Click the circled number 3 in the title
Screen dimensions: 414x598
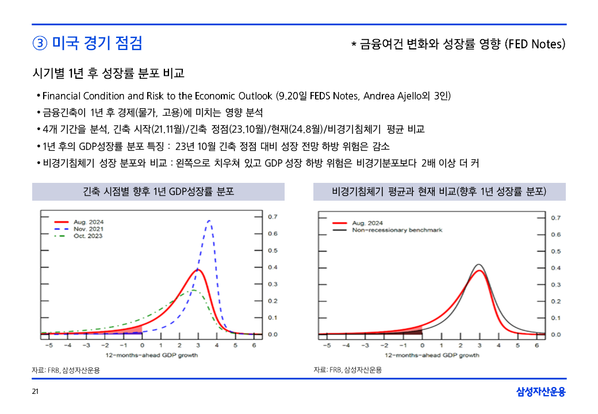(x=40, y=43)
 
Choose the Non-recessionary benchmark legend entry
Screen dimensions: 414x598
(x=397, y=230)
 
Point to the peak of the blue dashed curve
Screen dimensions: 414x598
(x=209, y=220)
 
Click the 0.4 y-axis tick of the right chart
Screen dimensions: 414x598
(x=555, y=268)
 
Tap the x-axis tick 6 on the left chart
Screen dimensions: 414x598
(x=254, y=345)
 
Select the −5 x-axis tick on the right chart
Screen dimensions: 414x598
(x=326, y=345)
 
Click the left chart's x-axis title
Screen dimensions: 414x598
(x=151, y=355)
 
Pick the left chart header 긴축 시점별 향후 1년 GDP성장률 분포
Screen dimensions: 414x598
(x=158, y=191)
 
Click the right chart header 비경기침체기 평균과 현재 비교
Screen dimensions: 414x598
(x=439, y=191)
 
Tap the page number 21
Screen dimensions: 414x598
(x=35, y=392)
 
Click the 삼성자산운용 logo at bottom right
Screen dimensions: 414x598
(x=540, y=392)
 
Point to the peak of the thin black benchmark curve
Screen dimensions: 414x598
(x=478, y=264)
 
